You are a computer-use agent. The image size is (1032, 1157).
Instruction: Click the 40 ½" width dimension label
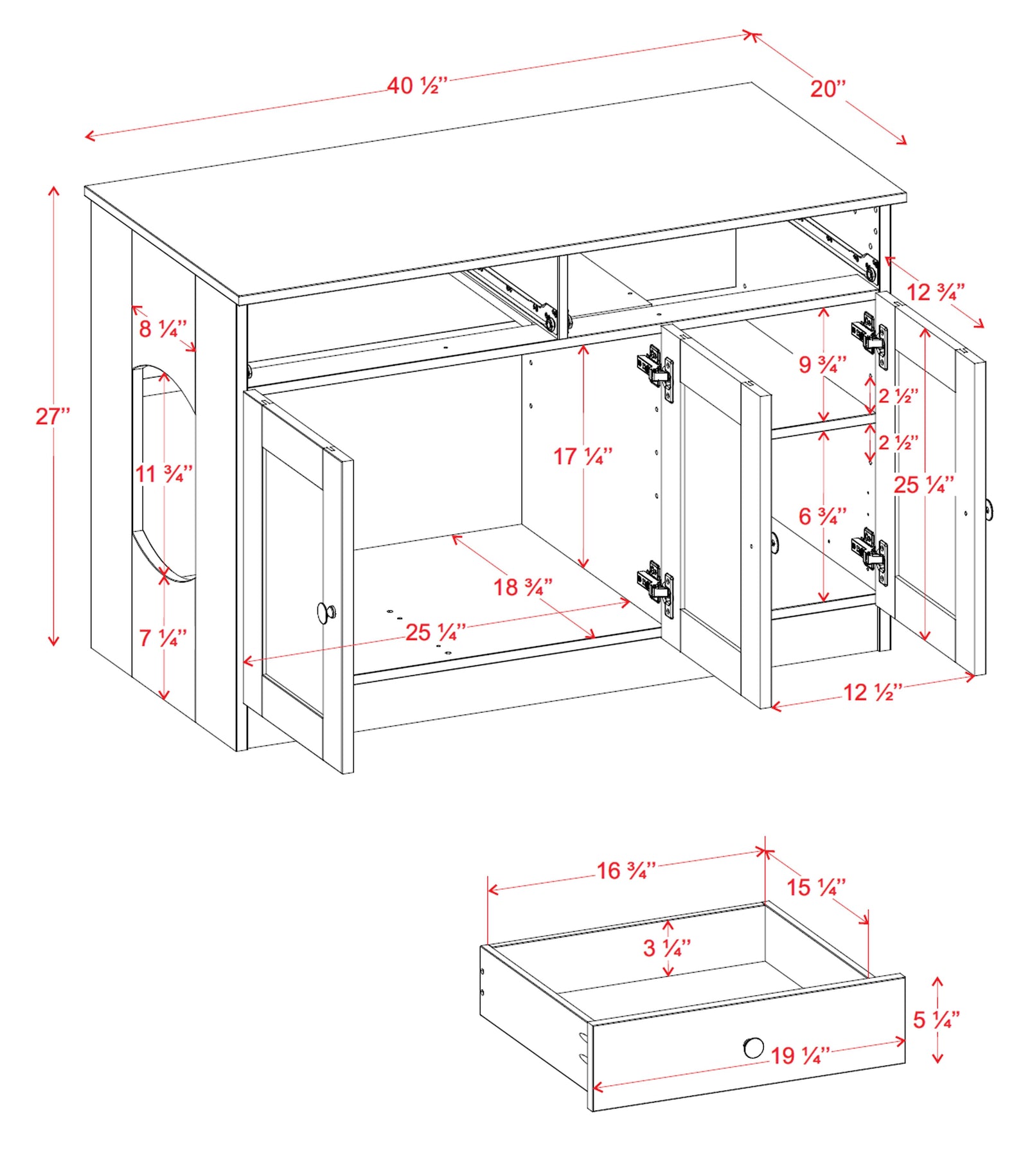(x=416, y=85)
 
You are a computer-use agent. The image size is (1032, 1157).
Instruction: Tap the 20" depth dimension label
(x=828, y=89)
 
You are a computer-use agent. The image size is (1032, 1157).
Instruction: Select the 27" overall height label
(x=53, y=416)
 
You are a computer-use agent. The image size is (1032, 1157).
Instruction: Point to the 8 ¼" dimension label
(x=163, y=328)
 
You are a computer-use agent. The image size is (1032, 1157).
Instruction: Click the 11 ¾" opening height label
(x=164, y=474)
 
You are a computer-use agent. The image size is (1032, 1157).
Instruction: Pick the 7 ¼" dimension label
(x=163, y=638)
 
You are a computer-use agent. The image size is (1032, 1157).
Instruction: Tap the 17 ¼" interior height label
(x=583, y=456)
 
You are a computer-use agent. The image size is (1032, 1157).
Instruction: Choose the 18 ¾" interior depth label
(x=522, y=587)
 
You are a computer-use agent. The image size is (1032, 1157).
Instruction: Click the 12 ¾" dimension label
(x=936, y=292)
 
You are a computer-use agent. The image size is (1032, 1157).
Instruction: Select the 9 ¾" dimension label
(x=823, y=364)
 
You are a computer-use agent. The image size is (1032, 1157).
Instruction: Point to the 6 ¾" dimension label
(x=823, y=516)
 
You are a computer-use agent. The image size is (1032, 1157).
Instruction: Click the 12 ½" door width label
(x=873, y=692)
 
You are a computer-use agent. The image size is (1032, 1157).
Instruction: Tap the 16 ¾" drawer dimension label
(x=626, y=871)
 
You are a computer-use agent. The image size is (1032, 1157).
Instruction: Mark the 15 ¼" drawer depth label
(x=816, y=888)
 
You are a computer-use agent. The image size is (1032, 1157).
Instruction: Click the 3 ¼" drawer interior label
(x=667, y=947)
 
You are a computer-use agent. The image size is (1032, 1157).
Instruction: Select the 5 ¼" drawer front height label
(x=936, y=1019)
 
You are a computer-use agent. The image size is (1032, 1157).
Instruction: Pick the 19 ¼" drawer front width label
(x=800, y=1055)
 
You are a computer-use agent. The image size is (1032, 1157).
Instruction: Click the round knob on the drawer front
(x=754, y=1048)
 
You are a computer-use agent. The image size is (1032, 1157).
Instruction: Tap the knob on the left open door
(x=326, y=613)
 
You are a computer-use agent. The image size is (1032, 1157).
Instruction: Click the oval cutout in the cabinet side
(x=165, y=474)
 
